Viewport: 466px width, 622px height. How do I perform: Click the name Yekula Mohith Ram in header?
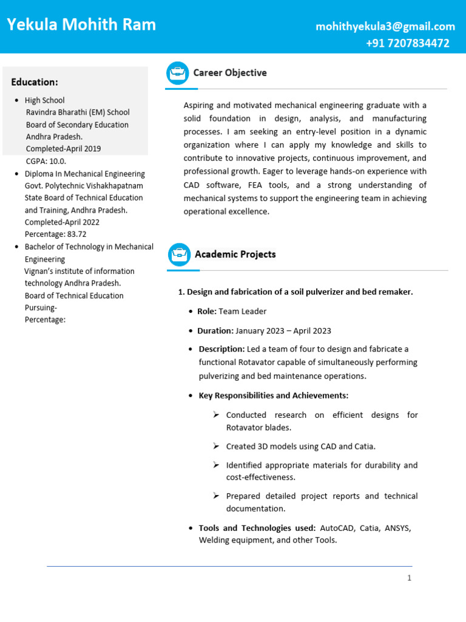(81, 25)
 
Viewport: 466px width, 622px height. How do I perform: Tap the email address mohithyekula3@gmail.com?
(385, 26)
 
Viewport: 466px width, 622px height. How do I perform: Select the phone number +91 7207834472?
(407, 43)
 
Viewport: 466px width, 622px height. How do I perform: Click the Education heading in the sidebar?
(35, 82)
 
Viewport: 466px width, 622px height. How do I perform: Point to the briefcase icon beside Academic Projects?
(179, 255)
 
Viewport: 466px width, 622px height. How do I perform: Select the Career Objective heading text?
(229, 73)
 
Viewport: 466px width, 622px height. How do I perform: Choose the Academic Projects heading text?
(235, 255)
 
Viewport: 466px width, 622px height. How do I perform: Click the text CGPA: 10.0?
(46, 161)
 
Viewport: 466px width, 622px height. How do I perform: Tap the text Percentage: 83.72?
(55, 234)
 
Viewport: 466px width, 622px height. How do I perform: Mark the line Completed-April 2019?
(63, 149)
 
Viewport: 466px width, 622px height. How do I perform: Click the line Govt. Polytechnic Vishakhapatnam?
(84, 186)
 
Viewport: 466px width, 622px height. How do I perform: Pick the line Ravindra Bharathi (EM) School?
(77, 112)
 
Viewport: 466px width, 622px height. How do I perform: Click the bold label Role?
(206, 312)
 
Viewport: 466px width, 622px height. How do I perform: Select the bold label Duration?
(215, 331)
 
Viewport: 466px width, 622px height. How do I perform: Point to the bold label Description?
(221, 349)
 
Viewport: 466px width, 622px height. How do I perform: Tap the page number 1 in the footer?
(409, 578)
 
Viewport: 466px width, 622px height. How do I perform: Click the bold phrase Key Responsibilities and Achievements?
(273, 396)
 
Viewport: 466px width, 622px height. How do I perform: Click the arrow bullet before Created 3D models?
(216, 446)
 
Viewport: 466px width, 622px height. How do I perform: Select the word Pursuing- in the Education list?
(41, 308)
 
